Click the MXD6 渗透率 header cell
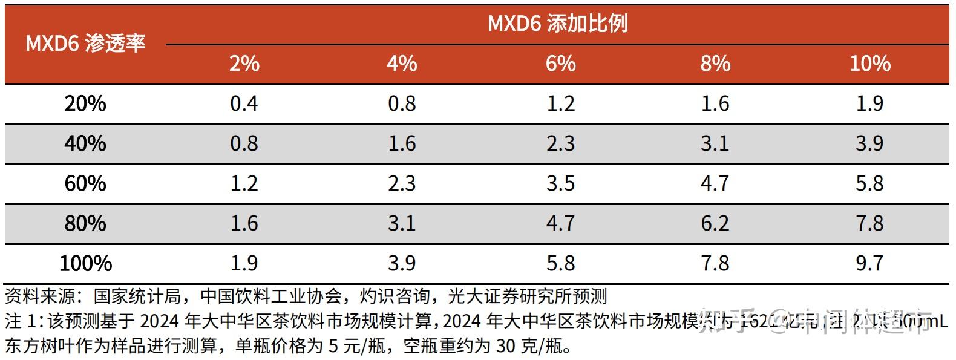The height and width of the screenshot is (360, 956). point(85,44)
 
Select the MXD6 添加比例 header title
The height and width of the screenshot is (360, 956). point(557,24)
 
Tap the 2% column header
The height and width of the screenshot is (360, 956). point(244,64)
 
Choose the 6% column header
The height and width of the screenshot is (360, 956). point(560,64)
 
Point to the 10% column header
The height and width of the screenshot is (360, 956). point(869,64)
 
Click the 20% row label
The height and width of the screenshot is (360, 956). point(85,103)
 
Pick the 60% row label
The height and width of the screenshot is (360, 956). point(85,183)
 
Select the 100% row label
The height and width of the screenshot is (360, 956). point(85,263)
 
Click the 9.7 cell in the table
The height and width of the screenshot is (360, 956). point(869,263)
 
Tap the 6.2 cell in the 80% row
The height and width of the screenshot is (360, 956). point(715,223)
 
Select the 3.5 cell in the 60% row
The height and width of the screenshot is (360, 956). point(560,183)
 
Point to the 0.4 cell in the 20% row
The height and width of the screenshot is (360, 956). point(244,103)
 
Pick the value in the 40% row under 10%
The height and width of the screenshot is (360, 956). point(869,143)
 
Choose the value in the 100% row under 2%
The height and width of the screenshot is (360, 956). point(244,263)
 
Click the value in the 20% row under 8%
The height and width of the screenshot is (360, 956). point(715,103)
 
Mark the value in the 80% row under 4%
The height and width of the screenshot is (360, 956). point(402,223)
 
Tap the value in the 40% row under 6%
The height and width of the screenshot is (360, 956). point(560,143)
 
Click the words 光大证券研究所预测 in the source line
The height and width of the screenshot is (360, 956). point(527,296)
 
